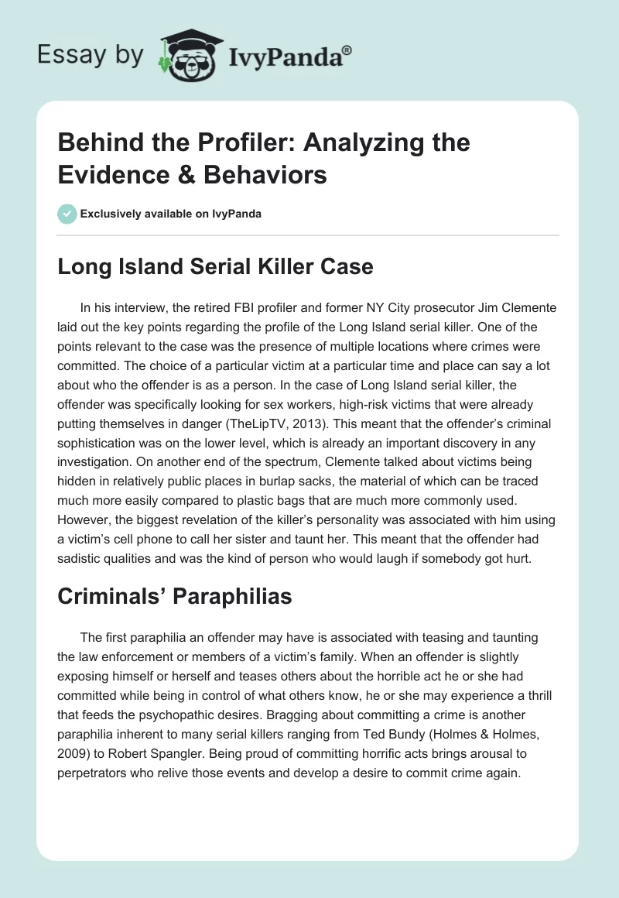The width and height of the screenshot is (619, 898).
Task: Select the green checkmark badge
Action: [67, 213]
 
